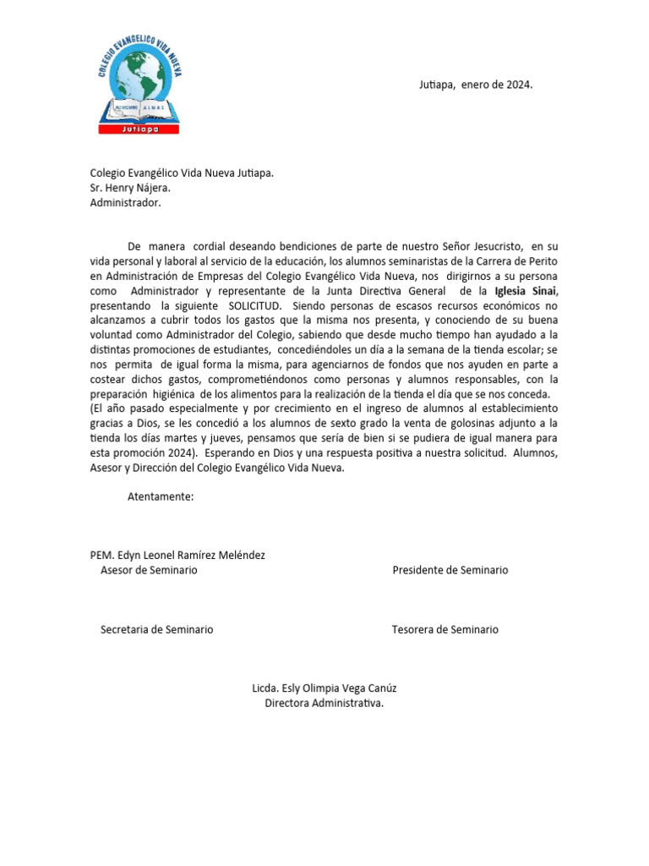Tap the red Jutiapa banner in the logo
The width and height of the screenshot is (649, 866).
click(x=139, y=129)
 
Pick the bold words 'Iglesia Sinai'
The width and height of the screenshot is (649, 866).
click(x=526, y=291)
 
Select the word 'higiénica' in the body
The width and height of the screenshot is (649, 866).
click(x=184, y=394)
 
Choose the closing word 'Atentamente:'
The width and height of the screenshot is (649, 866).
click(x=161, y=496)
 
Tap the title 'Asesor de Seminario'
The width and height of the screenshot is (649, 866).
click(x=149, y=571)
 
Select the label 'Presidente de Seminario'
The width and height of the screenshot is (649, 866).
click(x=450, y=571)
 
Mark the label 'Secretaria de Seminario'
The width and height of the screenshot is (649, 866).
click(x=156, y=629)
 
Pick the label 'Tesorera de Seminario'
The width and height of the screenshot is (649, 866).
click(x=445, y=629)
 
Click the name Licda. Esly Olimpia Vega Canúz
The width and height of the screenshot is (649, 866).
click(x=324, y=688)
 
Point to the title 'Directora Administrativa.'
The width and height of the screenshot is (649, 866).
click(x=324, y=703)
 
